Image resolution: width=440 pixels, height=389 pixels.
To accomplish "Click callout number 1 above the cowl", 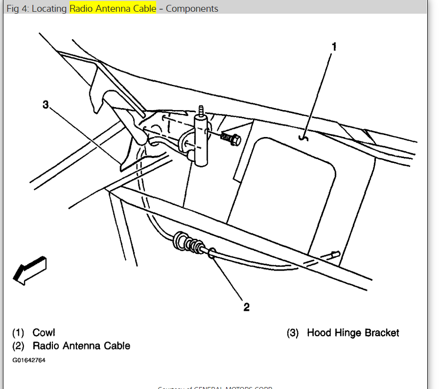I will (334, 47).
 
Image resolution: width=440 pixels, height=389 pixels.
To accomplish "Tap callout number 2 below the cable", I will (247, 307).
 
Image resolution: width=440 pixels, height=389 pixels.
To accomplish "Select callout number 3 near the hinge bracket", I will (46, 105).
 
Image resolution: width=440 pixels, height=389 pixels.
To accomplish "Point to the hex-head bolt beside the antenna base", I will (230, 138).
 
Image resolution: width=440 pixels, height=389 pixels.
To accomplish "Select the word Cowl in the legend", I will (44, 333).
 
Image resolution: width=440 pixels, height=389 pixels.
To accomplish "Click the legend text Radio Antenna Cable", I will (81, 346).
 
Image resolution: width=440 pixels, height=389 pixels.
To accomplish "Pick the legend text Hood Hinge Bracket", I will (353, 333).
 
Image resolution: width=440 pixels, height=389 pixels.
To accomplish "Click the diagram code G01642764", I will (29, 360).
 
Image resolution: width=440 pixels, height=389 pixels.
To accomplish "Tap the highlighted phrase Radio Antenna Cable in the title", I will (113, 9).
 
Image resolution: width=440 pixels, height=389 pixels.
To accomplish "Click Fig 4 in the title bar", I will (18, 9).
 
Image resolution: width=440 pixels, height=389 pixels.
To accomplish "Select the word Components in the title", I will (192, 9).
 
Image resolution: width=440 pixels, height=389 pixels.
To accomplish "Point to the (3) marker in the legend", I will (293, 333).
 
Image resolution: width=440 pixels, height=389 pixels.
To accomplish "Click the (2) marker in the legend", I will (18, 346).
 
